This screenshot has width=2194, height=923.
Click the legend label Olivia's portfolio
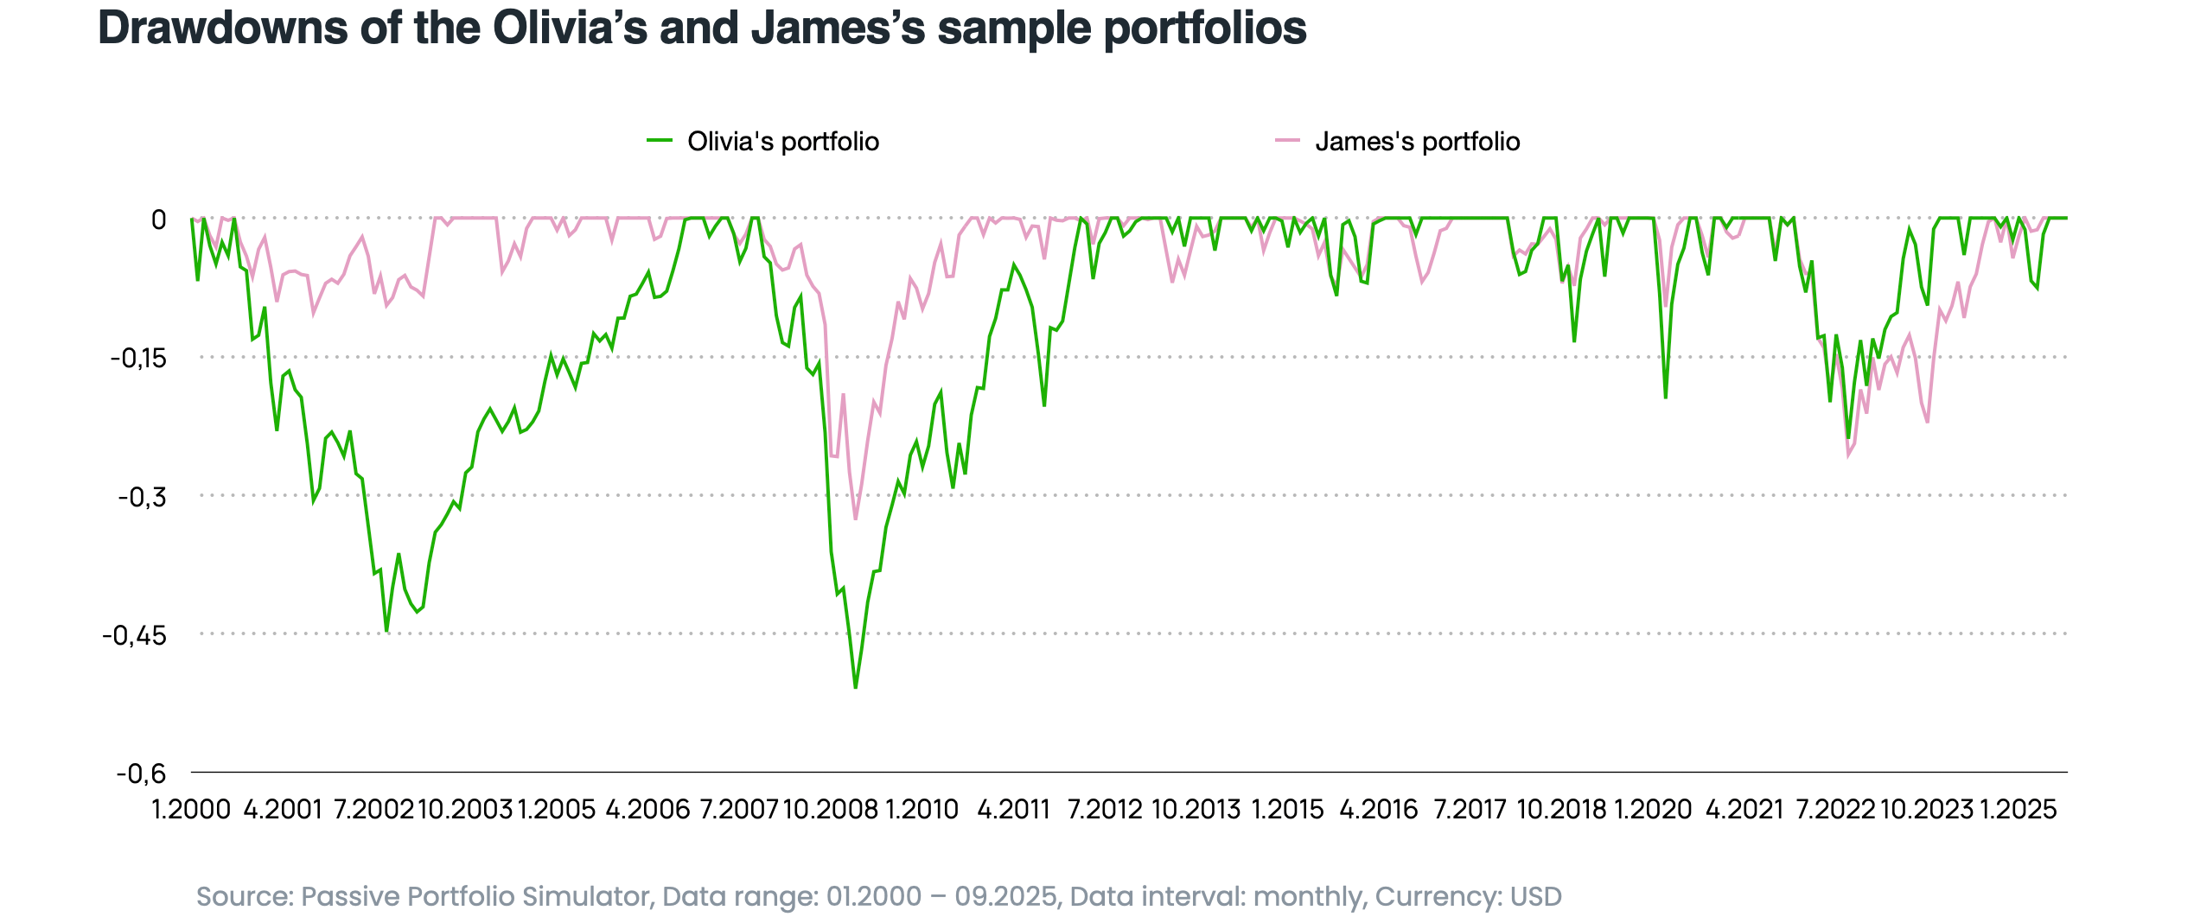tap(782, 141)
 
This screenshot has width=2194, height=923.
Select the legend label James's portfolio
tap(1417, 141)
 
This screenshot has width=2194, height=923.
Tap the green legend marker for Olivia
tap(660, 140)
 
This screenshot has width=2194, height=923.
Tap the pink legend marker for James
tap(1287, 140)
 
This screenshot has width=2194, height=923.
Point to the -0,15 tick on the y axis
tap(138, 358)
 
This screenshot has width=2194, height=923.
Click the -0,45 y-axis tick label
tap(134, 635)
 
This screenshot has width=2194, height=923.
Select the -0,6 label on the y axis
tap(141, 773)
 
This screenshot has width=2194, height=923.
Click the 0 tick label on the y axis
tap(158, 220)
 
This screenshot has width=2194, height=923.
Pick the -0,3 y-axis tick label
tap(142, 497)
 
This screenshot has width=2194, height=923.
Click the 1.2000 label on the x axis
tap(191, 810)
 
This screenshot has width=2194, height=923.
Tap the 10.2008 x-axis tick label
tap(830, 810)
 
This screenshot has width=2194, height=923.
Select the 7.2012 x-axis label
tap(1105, 810)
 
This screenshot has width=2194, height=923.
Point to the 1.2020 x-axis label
tap(1653, 810)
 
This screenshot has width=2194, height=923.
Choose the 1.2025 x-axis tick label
tap(2019, 810)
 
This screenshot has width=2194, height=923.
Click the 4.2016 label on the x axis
tap(1379, 810)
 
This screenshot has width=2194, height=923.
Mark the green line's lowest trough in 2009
tap(855, 688)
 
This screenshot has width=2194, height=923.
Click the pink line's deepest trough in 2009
tap(856, 519)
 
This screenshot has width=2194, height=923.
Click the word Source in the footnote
tap(244, 897)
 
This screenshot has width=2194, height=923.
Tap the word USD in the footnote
tap(1535, 897)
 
